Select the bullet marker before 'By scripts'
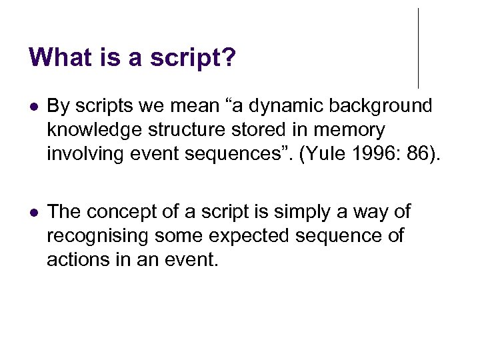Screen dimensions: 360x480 tap(34, 107)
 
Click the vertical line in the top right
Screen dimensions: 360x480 tap(418, 48)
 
